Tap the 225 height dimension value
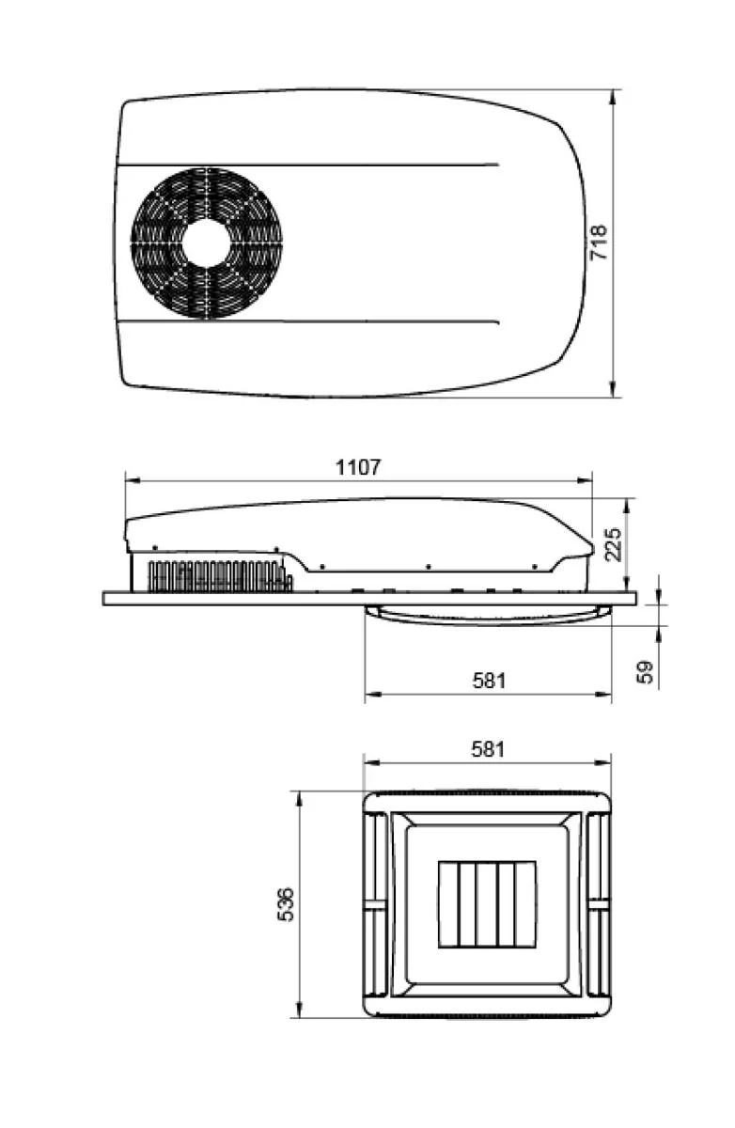(x=613, y=543)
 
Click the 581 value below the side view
(x=488, y=680)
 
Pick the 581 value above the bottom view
(x=488, y=749)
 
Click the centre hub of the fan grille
(x=207, y=243)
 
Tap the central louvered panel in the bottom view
(x=487, y=904)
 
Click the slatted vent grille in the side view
(x=219, y=576)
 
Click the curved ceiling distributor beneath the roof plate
(x=487, y=614)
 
